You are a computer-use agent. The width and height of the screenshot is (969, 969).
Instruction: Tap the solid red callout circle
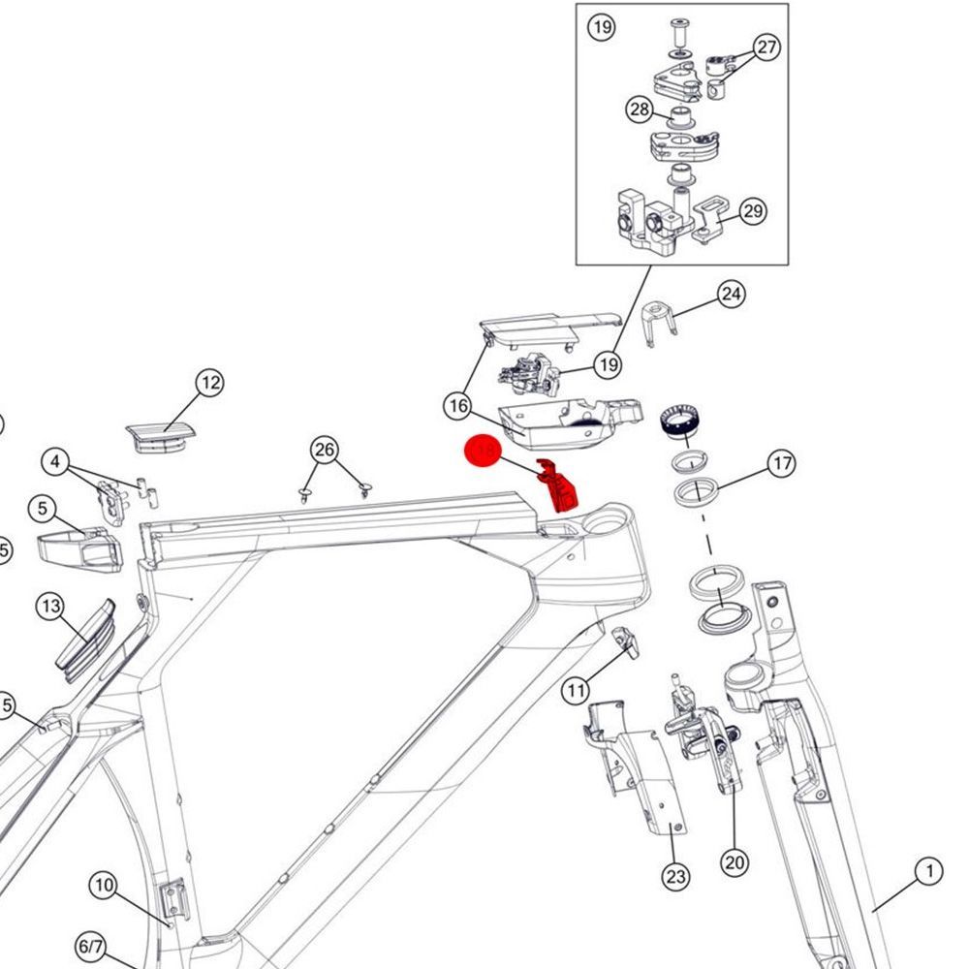483,453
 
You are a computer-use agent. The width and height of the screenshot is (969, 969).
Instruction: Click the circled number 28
640,109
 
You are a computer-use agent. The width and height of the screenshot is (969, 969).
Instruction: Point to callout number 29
753,211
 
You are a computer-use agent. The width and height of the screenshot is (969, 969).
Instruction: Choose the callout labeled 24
732,294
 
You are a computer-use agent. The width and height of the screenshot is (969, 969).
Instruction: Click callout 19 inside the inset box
602,27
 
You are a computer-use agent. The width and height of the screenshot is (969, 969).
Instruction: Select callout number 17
781,463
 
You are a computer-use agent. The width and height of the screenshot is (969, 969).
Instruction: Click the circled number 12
210,384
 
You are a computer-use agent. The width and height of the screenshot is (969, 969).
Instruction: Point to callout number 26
325,450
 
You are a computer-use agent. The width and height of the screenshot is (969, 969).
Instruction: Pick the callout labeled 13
50,608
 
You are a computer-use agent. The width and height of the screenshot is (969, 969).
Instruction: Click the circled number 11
577,690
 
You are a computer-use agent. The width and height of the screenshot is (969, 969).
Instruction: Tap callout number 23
675,878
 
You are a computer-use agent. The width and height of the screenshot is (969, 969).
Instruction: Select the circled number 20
735,860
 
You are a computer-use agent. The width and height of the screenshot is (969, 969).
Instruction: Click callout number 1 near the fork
928,872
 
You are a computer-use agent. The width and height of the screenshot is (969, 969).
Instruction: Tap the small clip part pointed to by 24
657,321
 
